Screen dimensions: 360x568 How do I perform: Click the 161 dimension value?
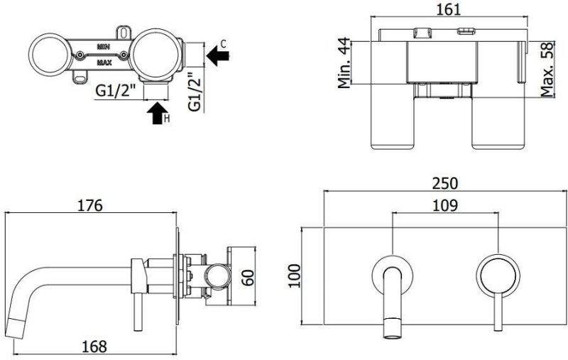pos(451,9)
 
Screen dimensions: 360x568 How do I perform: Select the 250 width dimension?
pos(445,182)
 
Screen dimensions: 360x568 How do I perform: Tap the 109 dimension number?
pos(444,205)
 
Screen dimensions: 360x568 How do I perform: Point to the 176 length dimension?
pos(90,205)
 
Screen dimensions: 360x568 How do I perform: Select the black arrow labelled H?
pos(155,114)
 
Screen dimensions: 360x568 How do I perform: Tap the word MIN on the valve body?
pos(104,45)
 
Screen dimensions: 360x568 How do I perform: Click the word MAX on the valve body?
pos(104,62)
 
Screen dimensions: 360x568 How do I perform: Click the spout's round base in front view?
pos(390,271)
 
